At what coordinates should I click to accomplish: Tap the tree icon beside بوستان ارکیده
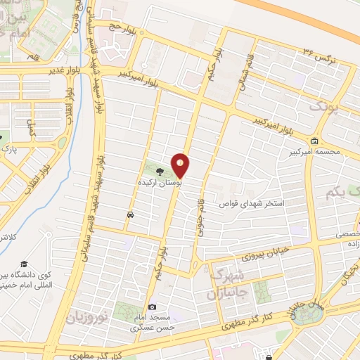pos(160,170)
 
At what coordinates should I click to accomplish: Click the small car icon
pos(130,214)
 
